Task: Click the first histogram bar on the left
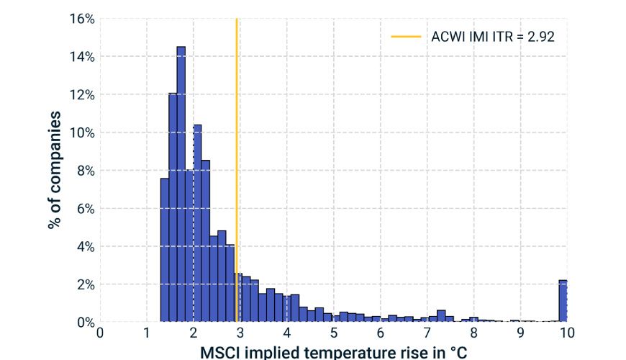pyautogui.click(x=165, y=252)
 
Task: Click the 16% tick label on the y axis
pyautogui.click(x=81, y=19)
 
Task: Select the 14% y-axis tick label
pyautogui.click(x=81, y=57)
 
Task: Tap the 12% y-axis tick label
pyautogui.click(x=81, y=95)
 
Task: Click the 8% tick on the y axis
pyautogui.click(x=83, y=171)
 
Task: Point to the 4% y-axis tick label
pyautogui.click(x=83, y=246)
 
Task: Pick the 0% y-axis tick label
pyautogui.click(x=83, y=322)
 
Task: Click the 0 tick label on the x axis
pyautogui.click(x=100, y=333)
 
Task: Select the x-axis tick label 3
pyautogui.click(x=240, y=333)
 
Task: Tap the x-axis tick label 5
pyautogui.click(x=334, y=333)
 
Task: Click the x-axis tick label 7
pyautogui.click(x=427, y=333)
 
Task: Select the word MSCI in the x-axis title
pyautogui.click(x=219, y=352)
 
